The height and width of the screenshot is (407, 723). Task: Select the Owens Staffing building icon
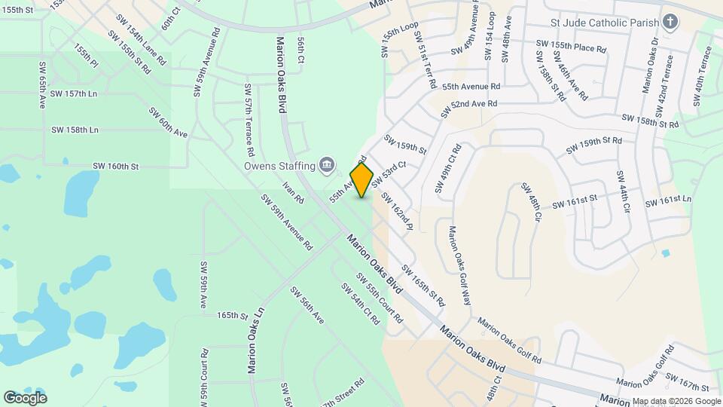(327, 164)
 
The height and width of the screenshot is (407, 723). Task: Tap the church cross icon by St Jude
(672, 21)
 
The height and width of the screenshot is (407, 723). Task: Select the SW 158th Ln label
(75, 130)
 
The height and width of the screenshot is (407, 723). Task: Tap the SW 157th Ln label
(75, 93)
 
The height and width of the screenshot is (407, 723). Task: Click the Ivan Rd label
(293, 192)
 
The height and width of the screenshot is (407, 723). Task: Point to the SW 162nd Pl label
(397, 211)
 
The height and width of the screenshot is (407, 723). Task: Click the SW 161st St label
(574, 201)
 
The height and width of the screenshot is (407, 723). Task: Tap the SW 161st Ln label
(668, 200)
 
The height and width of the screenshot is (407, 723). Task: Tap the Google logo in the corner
(25, 397)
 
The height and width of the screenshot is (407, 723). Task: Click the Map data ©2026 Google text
(676, 401)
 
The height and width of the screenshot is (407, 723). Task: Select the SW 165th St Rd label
(423, 285)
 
